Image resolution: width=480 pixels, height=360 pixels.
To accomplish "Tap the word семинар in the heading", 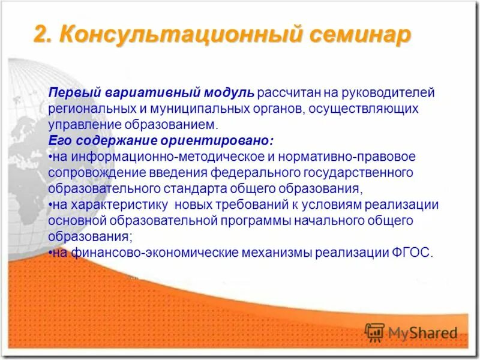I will [x=361, y=35].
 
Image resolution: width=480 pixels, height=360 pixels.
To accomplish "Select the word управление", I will [x=85, y=125].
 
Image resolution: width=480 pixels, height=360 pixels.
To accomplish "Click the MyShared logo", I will [x=412, y=332].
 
